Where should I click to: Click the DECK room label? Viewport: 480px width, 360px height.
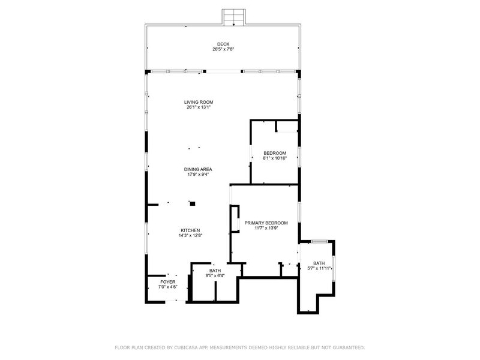tap(223, 44)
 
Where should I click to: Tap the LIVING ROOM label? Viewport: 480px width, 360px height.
tap(199, 102)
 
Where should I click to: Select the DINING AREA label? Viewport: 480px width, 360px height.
tap(198, 169)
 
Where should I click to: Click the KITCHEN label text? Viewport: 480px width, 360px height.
tap(190, 230)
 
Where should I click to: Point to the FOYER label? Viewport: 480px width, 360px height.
tap(168, 282)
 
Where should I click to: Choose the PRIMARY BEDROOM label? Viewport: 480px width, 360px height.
tap(266, 223)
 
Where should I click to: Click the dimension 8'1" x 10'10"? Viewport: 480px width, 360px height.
tap(275, 158)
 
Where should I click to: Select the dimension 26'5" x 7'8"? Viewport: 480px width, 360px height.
tap(223, 49)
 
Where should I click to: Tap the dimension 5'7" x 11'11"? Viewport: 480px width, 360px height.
tap(319, 268)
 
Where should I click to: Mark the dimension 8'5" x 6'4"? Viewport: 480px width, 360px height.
tap(215, 275)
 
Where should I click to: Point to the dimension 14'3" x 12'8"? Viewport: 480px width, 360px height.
tap(190, 235)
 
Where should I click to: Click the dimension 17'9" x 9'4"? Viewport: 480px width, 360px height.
tap(198, 175)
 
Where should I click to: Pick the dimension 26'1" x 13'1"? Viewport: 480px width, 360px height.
tap(199, 107)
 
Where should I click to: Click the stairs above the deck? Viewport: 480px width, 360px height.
tap(234, 17)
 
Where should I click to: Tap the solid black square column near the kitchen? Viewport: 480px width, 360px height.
tap(193, 203)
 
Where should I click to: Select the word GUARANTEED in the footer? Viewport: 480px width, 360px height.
tap(349, 347)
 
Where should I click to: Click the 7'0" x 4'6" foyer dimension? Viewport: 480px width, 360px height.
tap(168, 287)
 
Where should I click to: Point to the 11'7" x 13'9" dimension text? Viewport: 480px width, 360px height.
tap(266, 228)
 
